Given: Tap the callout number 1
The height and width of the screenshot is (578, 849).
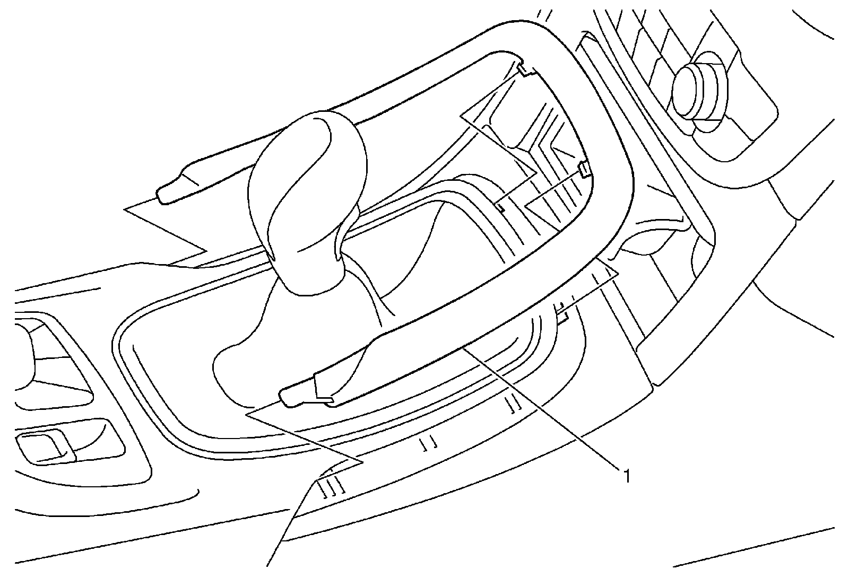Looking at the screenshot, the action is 627,476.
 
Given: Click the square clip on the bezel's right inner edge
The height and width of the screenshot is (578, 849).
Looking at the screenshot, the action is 584,169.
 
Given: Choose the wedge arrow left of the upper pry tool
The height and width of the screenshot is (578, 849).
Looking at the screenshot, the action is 170,233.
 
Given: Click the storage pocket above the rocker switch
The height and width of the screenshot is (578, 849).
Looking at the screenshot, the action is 48,366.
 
